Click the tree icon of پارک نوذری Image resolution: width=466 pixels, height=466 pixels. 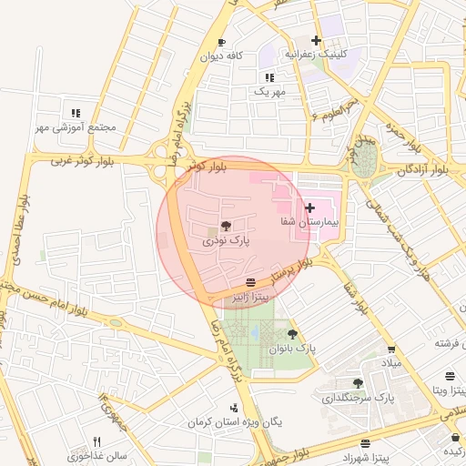tap(226, 225)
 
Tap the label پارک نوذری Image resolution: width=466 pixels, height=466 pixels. tap(226, 240)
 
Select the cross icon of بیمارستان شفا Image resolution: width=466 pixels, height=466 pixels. tap(310, 208)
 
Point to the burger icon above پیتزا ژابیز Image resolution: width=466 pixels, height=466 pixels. tap(250, 281)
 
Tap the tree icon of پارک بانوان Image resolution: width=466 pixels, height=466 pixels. tap(292, 335)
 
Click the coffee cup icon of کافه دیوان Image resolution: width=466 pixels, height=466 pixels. tap(221, 43)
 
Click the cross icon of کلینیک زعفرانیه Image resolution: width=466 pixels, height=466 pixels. tap(316, 40)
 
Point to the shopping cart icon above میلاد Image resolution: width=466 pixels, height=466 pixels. tap(391, 349)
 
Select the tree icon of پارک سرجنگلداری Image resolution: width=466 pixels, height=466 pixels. tap(358, 383)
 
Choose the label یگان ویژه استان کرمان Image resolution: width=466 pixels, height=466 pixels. tap(230, 422)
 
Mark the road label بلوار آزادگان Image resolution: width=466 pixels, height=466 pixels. tap(425, 169)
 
